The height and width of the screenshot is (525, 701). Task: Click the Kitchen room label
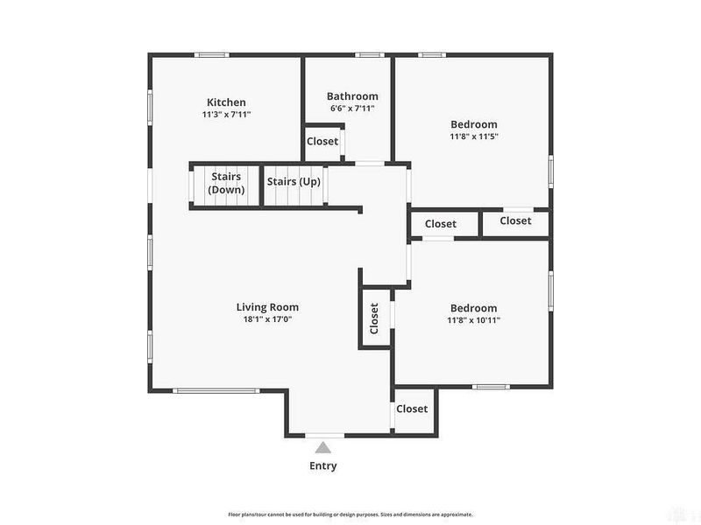pos(226,102)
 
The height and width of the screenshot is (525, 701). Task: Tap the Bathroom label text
pos(352,96)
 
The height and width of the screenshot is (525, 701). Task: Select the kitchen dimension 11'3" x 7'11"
pos(226,115)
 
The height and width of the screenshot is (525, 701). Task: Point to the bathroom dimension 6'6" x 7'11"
pos(352,108)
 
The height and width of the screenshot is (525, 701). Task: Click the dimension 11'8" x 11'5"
pos(473,136)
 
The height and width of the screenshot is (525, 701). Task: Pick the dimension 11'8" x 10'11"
pos(473,320)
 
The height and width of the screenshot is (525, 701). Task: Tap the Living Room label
pos(267,307)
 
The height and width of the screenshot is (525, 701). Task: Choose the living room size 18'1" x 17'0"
pos(267,319)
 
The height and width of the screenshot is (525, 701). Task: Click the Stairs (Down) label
pos(226,183)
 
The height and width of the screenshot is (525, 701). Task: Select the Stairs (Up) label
pos(294,182)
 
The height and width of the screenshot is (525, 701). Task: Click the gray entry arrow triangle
pos(323,447)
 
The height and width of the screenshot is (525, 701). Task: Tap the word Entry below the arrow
pos(322,465)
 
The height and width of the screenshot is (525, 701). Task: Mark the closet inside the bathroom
pos(322,141)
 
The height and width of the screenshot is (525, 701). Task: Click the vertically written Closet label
pos(374,318)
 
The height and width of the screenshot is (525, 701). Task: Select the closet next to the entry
pos(412,409)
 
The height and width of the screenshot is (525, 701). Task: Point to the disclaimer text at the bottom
pos(350,514)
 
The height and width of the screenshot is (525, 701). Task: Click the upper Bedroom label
pos(473,124)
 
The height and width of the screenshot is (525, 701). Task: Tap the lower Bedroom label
pos(473,308)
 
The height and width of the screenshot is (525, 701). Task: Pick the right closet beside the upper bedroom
pos(515,221)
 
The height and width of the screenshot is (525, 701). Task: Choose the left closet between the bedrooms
pos(441,224)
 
